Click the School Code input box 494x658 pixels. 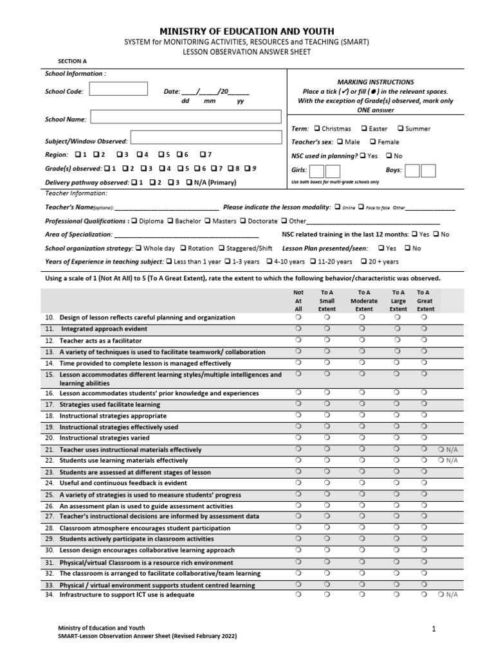(118, 91)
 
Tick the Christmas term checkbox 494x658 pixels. (317, 129)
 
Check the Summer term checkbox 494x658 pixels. (400, 129)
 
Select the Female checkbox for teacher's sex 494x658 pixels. (372, 142)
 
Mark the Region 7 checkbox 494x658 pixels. (203, 155)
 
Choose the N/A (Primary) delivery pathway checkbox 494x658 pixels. (188, 182)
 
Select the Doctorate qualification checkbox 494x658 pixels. (242, 221)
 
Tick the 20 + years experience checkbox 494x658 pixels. (363, 262)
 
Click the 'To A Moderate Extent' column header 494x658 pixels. (364, 300)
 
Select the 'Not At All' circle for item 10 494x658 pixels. (298, 317)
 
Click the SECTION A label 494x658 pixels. (73, 61)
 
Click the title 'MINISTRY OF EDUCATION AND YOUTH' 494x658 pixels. (247, 31)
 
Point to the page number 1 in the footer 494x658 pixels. (434, 630)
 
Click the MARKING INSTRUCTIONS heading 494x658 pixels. (376, 82)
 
